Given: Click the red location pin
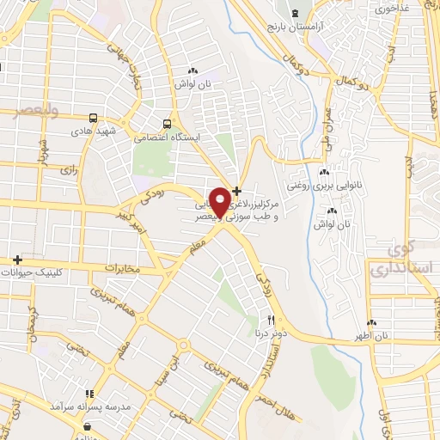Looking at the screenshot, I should (221, 201).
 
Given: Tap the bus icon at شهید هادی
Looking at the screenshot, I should (92, 118).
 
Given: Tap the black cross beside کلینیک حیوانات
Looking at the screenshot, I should (15, 259).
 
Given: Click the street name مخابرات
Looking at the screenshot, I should (120, 268).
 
